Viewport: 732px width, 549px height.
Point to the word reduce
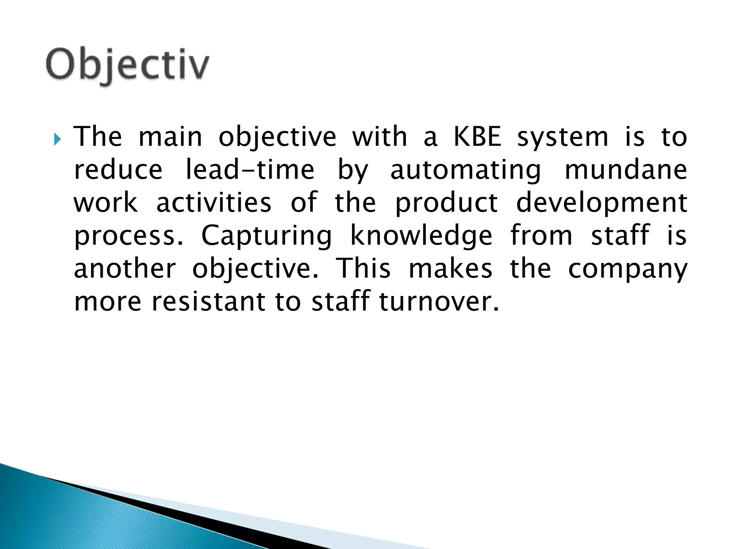click(118, 170)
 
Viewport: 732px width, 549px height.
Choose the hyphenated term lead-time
click(250, 170)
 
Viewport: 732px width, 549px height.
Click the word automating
click(465, 170)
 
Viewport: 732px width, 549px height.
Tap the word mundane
click(626, 170)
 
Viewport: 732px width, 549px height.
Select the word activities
click(214, 203)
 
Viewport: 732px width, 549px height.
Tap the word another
click(125, 269)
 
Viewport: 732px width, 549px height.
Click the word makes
click(450, 269)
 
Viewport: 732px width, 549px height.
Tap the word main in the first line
click(170, 137)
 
